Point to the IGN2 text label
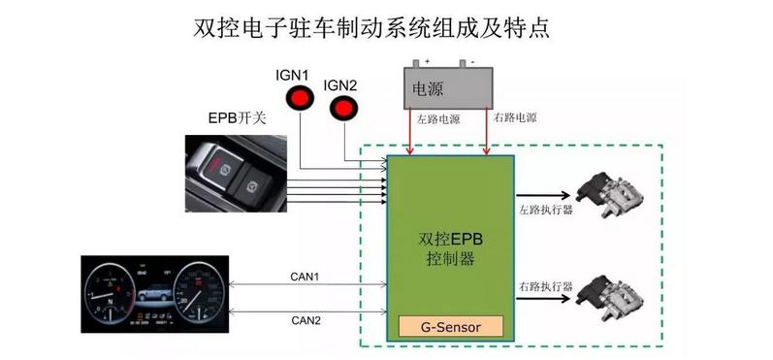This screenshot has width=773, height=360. click(x=341, y=85)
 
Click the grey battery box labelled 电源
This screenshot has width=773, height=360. click(x=447, y=88)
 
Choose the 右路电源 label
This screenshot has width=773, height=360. click(x=516, y=118)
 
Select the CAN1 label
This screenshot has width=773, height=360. click(x=306, y=278)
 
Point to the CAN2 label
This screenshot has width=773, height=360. click(x=306, y=319)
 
